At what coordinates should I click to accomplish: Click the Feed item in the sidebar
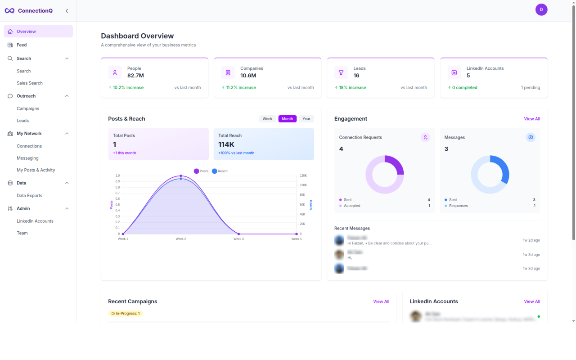[22, 45]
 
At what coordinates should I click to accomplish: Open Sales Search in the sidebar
[30, 83]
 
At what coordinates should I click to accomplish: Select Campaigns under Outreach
[28, 108]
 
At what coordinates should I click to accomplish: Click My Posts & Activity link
[36, 170]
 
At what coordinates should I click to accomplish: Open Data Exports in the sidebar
[29, 196]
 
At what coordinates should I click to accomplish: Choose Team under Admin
[22, 233]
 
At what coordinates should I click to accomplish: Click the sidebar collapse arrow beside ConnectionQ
[67, 11]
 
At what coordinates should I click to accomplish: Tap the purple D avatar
[541, 9]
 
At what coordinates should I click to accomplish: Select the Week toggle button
[267, 119]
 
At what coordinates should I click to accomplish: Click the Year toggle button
[306, 119]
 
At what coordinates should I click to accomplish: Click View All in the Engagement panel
[532, 119]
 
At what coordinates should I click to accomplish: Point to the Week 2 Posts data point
[181, 176]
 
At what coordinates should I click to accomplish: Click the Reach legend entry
[220, 171]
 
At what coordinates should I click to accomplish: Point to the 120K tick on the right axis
[303, 175]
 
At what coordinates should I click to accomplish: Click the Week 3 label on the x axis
[238, 239]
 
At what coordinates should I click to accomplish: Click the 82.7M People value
[135, 76]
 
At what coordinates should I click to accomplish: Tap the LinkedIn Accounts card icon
[454, 72]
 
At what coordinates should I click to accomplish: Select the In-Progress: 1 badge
[126, 313]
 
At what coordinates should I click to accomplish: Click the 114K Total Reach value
[226, 144]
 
